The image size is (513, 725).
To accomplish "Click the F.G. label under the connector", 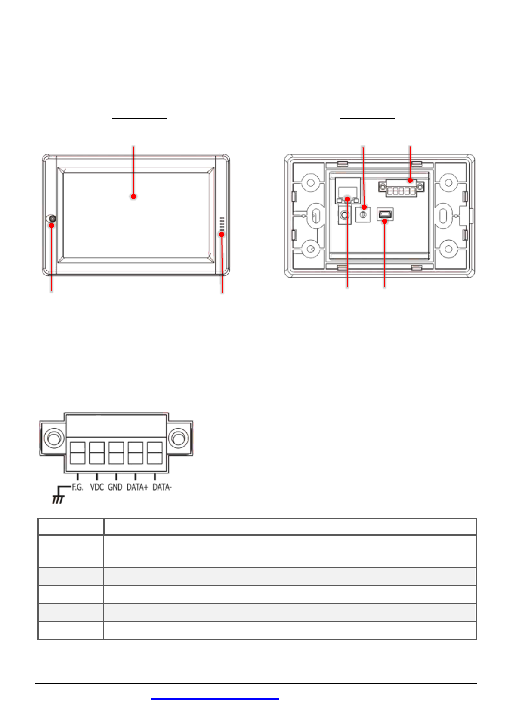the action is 77,487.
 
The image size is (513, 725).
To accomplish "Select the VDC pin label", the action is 97,487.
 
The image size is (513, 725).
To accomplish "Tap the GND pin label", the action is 115,487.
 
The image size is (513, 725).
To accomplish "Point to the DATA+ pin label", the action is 137,487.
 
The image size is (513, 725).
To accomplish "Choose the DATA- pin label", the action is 162,487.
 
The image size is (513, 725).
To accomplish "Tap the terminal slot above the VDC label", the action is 97,453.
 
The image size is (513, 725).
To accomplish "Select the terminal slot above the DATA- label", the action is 155,453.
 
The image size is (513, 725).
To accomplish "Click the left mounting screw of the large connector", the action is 54,438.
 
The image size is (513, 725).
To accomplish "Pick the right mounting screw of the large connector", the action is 178,438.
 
